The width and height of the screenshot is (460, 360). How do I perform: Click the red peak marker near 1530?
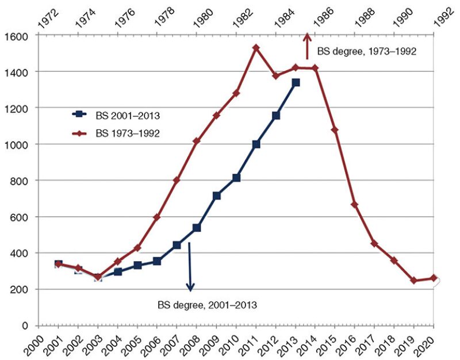coord(256,47)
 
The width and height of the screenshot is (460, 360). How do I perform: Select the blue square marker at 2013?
coord(296,83)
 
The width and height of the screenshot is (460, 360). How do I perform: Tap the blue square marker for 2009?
coord(216,196)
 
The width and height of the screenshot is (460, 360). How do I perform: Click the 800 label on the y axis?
coord(19,181)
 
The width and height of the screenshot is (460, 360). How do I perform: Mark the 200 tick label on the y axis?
coord(19,289)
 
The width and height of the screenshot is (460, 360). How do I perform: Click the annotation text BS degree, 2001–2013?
coord(207,304)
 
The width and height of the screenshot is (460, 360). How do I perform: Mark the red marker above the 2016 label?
coord(355,205)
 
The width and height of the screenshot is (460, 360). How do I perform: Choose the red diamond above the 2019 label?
coord(414,281)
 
